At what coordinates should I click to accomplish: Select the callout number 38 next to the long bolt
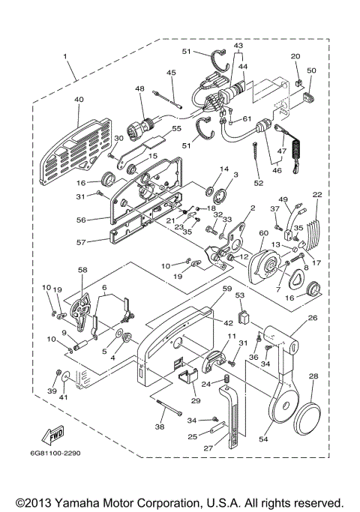159,426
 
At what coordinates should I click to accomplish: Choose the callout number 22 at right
318,195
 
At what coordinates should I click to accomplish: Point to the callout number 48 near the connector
139,89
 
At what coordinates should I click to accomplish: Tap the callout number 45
171,73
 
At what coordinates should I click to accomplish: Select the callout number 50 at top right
311,70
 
